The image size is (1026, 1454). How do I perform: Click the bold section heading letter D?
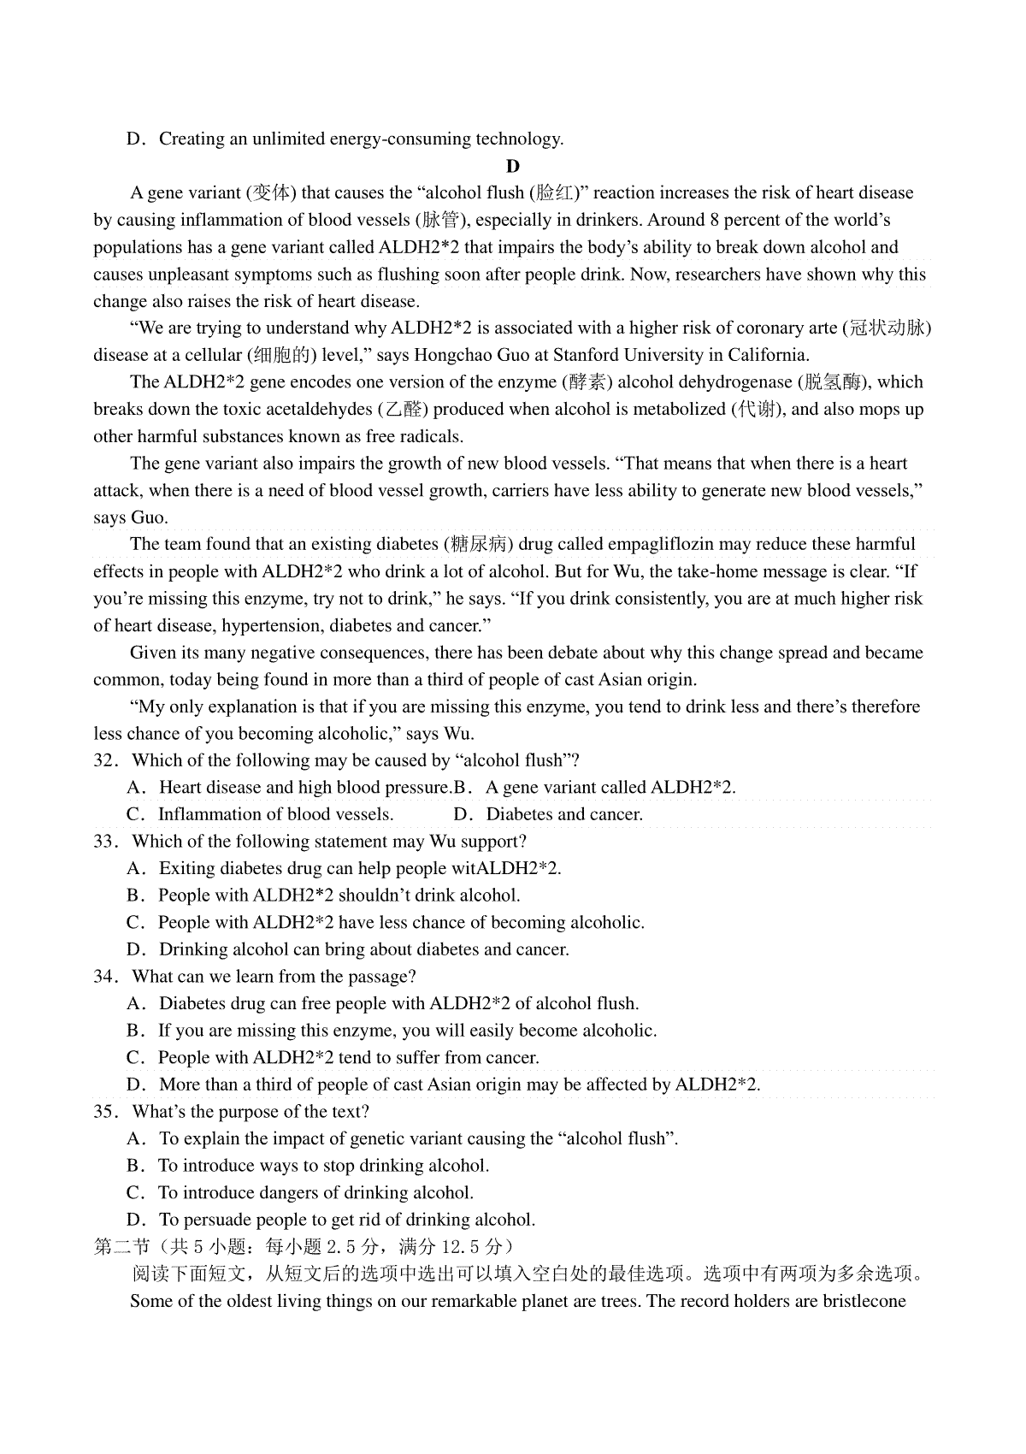[513, 166]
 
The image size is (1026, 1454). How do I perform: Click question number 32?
[103, 760]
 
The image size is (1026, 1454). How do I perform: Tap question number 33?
[103, 842]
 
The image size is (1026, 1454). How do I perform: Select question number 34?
[103, 977]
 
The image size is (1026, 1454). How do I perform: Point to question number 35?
[103, 1112]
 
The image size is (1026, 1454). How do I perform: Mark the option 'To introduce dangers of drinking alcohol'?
[315, 1192]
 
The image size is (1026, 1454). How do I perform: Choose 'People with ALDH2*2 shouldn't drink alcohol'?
[339, 895]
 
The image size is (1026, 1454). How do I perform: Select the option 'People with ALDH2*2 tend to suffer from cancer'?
[348, 1057]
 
